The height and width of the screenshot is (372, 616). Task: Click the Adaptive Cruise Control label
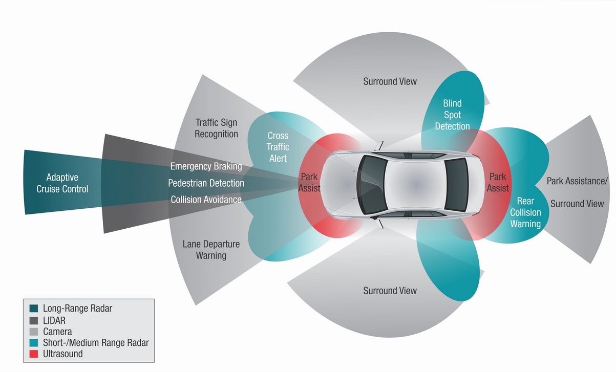coord(62,183)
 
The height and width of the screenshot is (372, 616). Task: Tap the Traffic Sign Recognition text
coord(216,128)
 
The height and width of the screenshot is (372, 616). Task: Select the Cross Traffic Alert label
coord(278,147)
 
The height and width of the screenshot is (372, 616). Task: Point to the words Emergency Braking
coord(206,166)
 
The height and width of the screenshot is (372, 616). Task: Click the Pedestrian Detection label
coord(206,183)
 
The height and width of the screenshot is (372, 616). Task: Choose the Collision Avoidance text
coord(206,200)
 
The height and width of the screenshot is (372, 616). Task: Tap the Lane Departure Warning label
coord(211,250)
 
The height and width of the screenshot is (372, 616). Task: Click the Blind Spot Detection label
coord(452,115)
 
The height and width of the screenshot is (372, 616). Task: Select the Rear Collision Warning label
coord(525,212)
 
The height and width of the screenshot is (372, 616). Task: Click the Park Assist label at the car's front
coord(309,183)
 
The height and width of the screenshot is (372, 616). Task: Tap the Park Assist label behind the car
coord(498,183)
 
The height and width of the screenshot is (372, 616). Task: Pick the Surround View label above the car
coord(390,81)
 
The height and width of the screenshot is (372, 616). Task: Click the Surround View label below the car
coord(390,291)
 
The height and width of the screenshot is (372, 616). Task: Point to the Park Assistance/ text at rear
coord(577,181)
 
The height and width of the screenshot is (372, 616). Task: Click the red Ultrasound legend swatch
coord(34,354)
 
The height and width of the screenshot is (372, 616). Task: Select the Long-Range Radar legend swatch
coord(34,308)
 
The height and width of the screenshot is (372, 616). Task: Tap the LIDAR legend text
coord(54,321)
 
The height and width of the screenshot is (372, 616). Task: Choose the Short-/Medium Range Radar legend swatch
coord(34,343)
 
